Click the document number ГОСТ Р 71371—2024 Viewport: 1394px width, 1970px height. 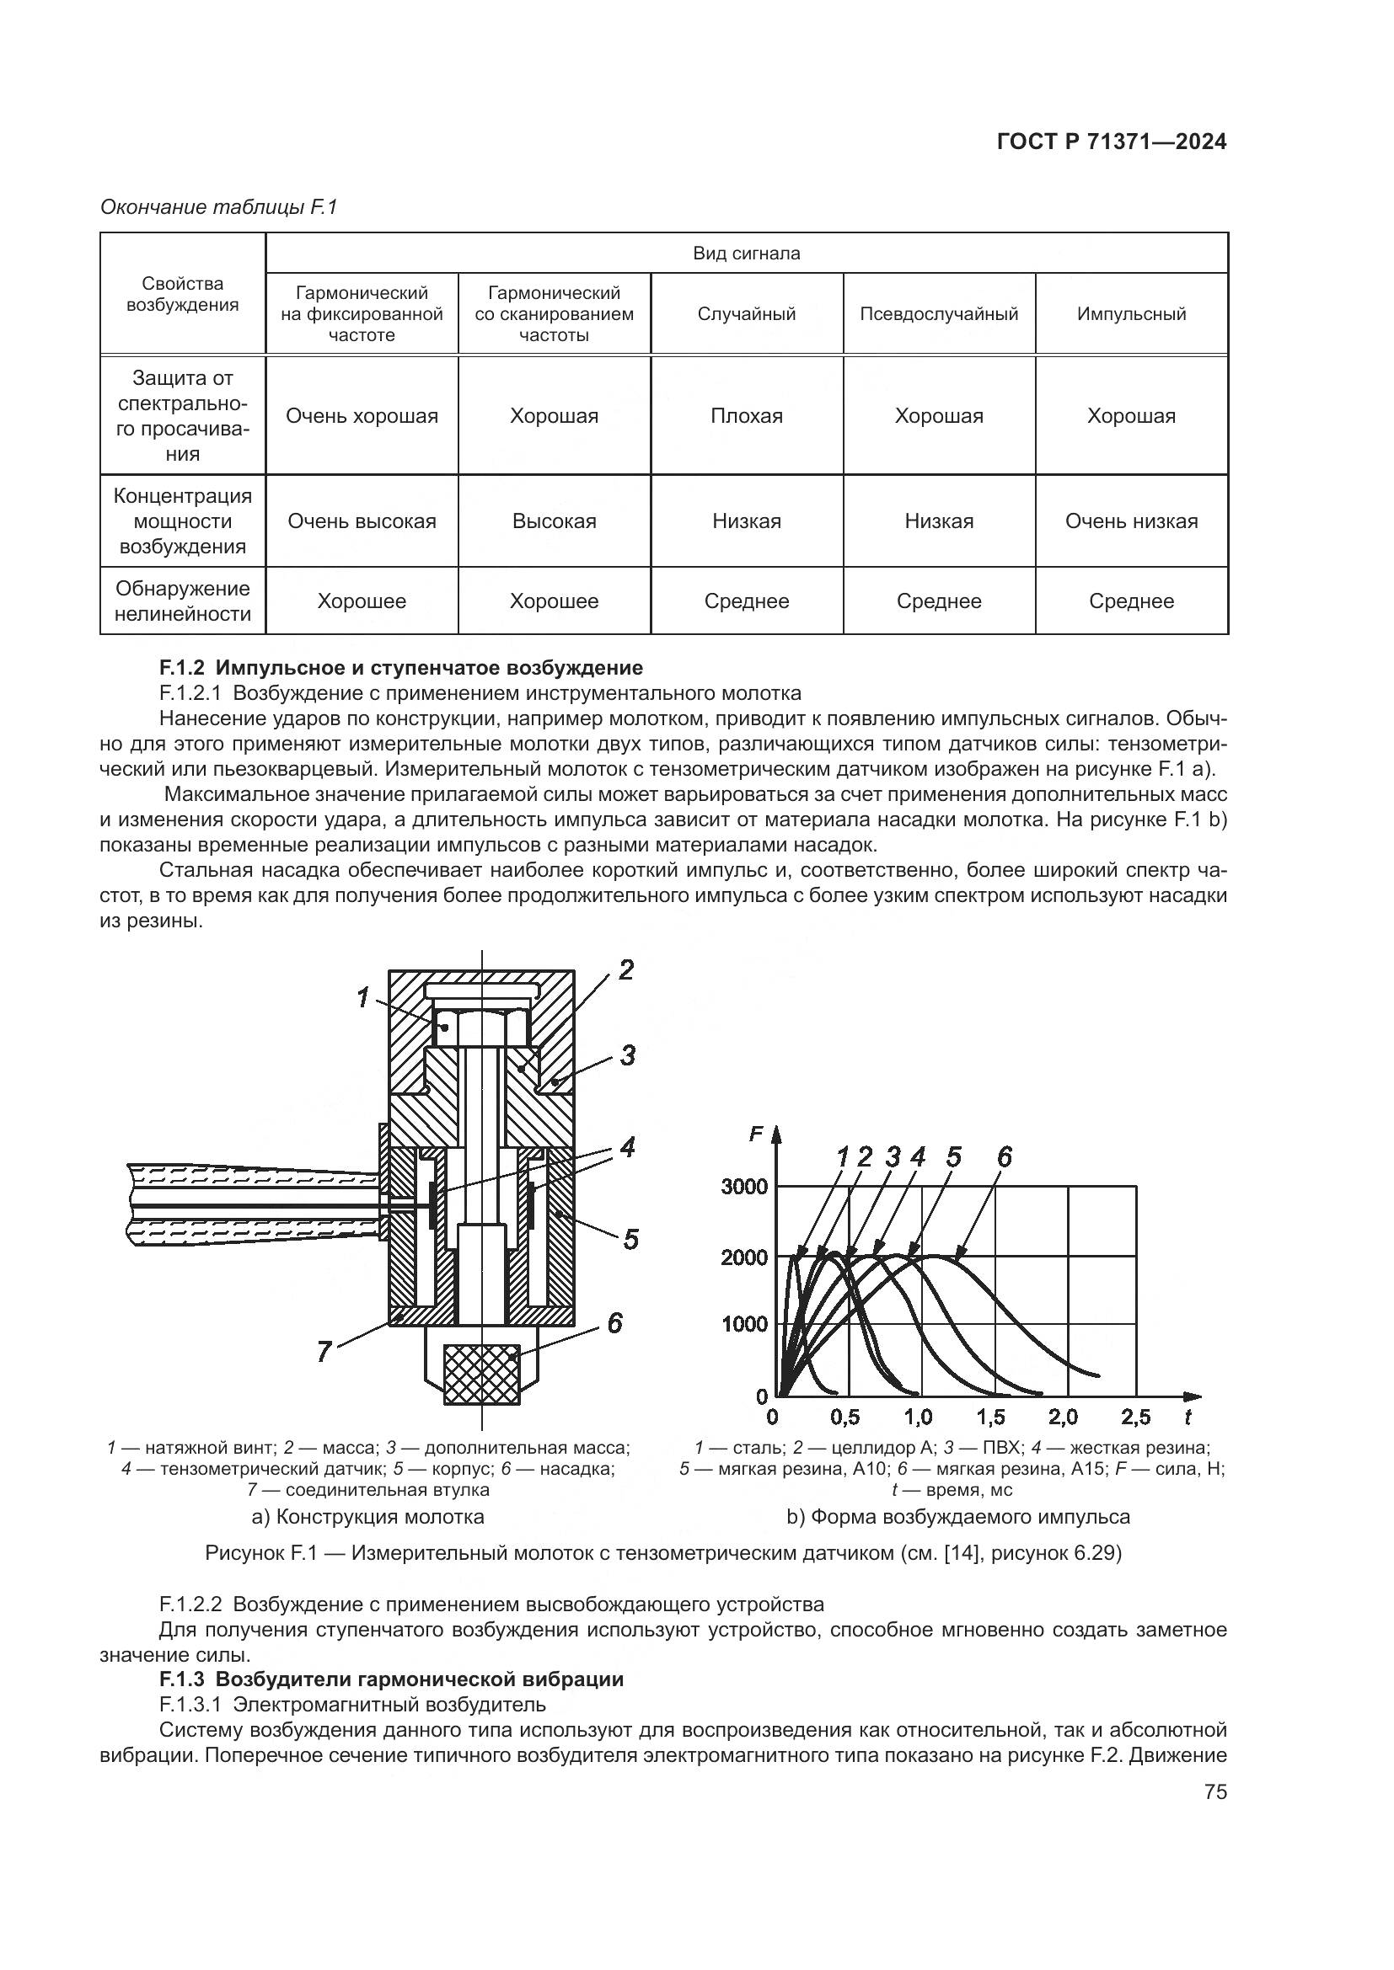point(1111,142)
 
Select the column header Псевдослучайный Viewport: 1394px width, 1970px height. point(938,314)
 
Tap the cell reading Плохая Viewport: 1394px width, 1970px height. point(746,416)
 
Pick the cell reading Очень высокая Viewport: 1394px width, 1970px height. point(362,521)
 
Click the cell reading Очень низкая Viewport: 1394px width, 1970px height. point(1130,521)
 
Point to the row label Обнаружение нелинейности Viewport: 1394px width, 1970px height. point(182,601)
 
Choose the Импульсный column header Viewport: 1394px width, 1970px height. point(1130,314)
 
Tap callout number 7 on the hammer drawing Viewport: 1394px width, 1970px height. point(324,1353)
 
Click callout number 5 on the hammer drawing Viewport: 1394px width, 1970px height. point(631,1239)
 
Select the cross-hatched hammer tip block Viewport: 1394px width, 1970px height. point(481,1374)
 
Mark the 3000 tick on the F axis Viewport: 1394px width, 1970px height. point(744,1188)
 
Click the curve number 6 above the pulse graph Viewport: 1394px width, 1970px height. point(1005,1158)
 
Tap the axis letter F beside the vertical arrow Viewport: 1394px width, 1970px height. point(756,1134)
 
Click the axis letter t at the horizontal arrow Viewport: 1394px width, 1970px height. point(1188,1417)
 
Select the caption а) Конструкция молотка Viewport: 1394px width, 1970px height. point(367,1516)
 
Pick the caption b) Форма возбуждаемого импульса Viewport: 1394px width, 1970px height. point(958,1516)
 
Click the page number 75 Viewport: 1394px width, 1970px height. point(1215,1792)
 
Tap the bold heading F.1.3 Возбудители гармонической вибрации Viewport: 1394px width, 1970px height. point(391,1679)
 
